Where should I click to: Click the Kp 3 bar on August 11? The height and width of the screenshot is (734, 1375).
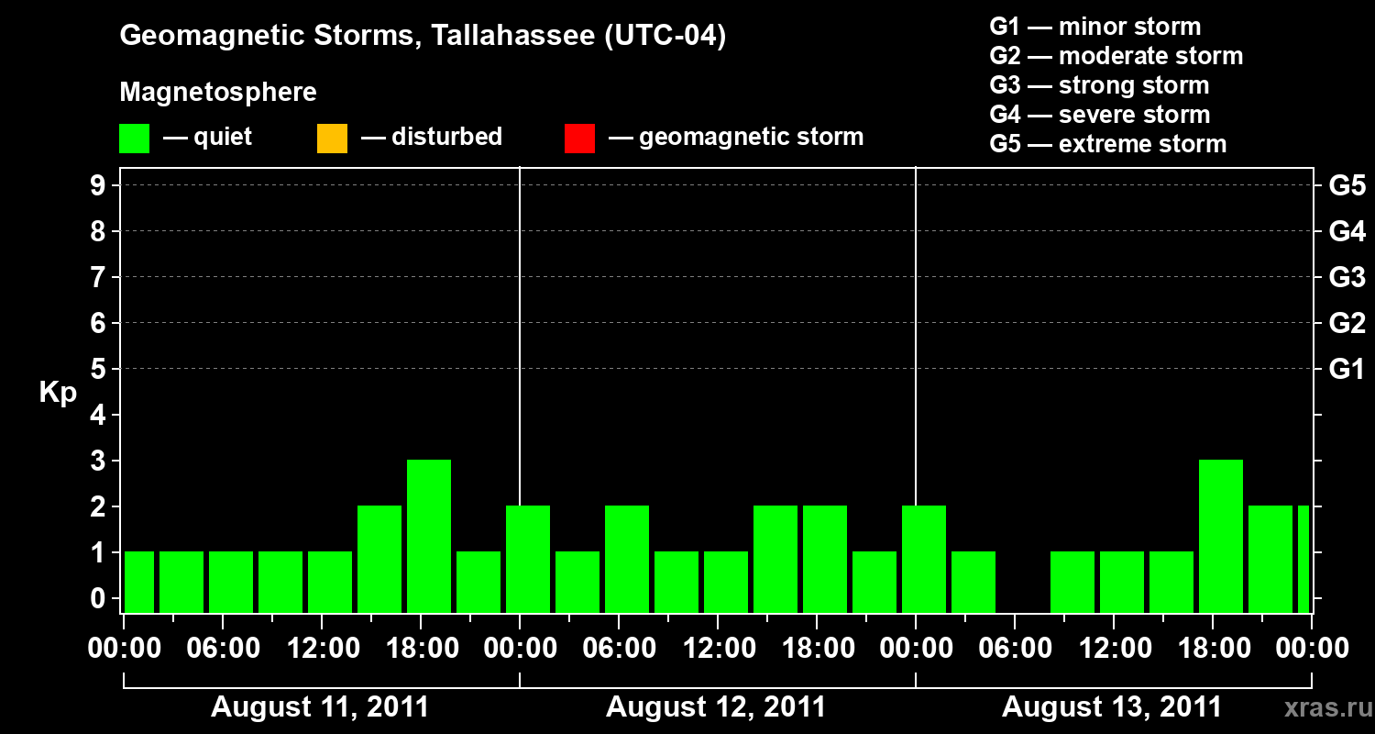(x=429, y=536)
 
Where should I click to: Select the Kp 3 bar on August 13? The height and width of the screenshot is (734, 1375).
(x=1221, y=536)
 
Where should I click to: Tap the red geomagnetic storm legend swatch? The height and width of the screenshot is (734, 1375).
(x=579, y=139)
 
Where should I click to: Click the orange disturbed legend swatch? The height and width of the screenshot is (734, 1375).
(x=332, y=139)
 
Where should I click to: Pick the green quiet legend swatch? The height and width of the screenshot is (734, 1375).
(x=135, y=139)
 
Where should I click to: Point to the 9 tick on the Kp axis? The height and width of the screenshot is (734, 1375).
(x=98, y=185)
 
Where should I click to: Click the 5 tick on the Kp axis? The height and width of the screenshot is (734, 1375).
(x=98, y=369)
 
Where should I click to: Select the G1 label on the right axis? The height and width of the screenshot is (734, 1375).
(x=1347, y=369)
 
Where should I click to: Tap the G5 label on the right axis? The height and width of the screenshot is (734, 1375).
(x=1347, y=185)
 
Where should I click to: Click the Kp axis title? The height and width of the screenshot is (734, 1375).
(x=58, y=393)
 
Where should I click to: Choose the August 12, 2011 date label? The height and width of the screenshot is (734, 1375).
(x=716, y=707)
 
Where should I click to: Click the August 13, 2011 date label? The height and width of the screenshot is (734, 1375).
(x=1112, y=707)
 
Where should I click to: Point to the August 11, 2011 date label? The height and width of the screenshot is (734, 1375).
(x=320, y=707)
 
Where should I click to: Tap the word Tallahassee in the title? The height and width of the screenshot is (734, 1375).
(x=513, y=36)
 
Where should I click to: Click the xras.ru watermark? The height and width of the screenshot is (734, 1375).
(x=1328, y=708)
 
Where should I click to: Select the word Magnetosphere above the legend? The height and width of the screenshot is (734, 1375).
(x=218, y=92)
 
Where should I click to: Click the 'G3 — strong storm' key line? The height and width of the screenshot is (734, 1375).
(x=1099, y=85)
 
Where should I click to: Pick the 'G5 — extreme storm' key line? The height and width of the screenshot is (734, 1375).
(x=1108, y=144)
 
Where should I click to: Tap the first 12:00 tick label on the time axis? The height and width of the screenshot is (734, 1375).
(x=323, y=649)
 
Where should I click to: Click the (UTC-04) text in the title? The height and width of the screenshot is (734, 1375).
(x=665, y=36)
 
